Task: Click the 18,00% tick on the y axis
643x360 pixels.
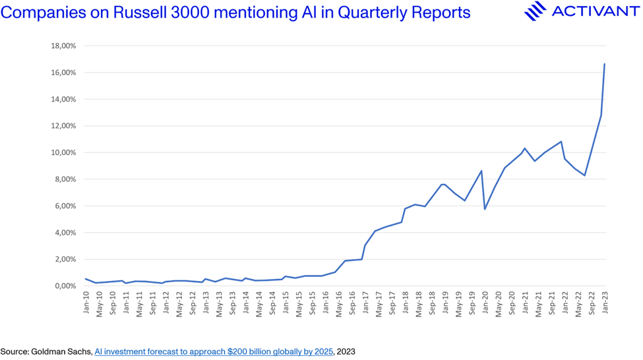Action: [63, 46]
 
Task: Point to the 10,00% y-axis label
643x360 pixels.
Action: [63, 153]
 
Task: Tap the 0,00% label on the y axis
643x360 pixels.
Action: [65, 286]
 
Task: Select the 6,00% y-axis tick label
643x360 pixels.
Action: [65, 206]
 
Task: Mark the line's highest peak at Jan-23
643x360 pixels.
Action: [605, 64]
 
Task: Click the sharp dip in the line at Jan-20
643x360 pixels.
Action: [485, 209]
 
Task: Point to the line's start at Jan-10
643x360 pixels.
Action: [86, 279]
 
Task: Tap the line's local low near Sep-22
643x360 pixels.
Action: [585, 175]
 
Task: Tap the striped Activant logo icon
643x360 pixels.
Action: [535, 11]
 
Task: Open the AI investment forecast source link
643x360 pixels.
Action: [214, 352]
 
